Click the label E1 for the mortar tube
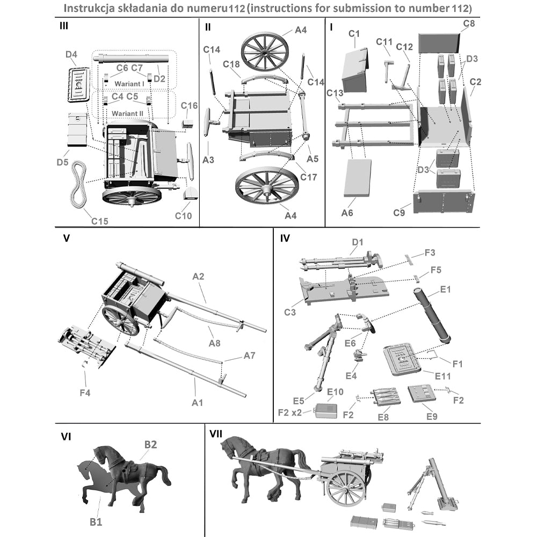pyautogui.click(x=445, y=289)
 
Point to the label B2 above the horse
pyautogui.click(x=150, y=444)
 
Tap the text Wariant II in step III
pyautogui.click(x=127, y=114)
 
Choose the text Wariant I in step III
pyautogui.click(x=129, y=84)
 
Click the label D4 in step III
pyautogui.click(x=71, y=54)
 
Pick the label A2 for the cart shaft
pyautogui.click(x=199, y=276)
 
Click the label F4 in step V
pyautogui.click(x=85, y=393)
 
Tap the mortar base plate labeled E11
pyautogui.click(x=400, y=358)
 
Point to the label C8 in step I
pyautogui.click(x=469, y=24)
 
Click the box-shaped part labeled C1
pyautogui.click(x=354, y=70)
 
